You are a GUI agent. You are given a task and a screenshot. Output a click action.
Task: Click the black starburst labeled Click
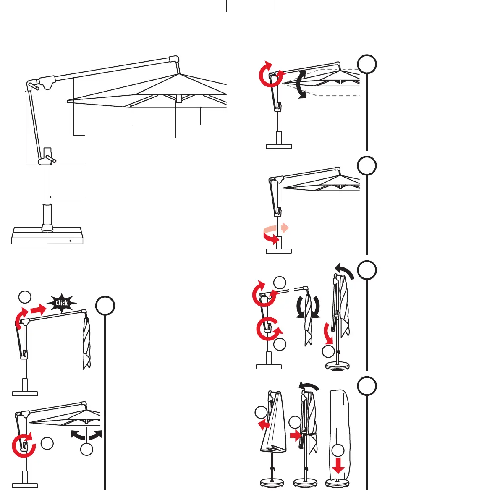tap(62, 303)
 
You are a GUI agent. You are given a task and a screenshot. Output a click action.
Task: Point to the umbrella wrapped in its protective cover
tap(339, 437)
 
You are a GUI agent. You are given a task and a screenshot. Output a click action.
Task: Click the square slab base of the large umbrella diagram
tap(46, 235)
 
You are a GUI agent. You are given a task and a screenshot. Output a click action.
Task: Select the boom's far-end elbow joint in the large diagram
tap(175, 60)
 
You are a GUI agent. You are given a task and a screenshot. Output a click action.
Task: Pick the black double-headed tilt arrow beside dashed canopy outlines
tap(300, 84)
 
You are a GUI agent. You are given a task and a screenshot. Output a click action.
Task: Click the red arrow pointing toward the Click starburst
tap(37, 310)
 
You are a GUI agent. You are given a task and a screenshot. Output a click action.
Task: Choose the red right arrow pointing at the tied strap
tap(295, 436)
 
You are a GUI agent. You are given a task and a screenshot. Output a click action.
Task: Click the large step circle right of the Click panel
tap(105, 306)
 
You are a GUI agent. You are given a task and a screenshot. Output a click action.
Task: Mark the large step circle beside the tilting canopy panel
tap(367, 64)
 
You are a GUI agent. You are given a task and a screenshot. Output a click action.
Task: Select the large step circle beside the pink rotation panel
tap(367, 166)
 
